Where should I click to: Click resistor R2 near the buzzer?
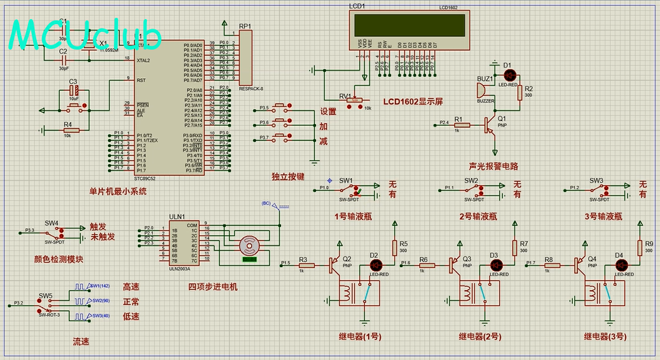coord(520,92)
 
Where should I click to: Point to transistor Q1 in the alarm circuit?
coord(490,125)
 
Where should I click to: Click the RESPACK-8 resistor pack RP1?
coord(245,58)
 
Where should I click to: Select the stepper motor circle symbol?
coord(248,246)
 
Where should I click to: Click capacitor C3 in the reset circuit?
coord(73,90)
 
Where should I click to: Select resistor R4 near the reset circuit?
coord(71,130)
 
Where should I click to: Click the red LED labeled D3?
coord(494,265)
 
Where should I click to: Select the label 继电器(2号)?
coord(481,336)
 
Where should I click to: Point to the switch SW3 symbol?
coord(598,189)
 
